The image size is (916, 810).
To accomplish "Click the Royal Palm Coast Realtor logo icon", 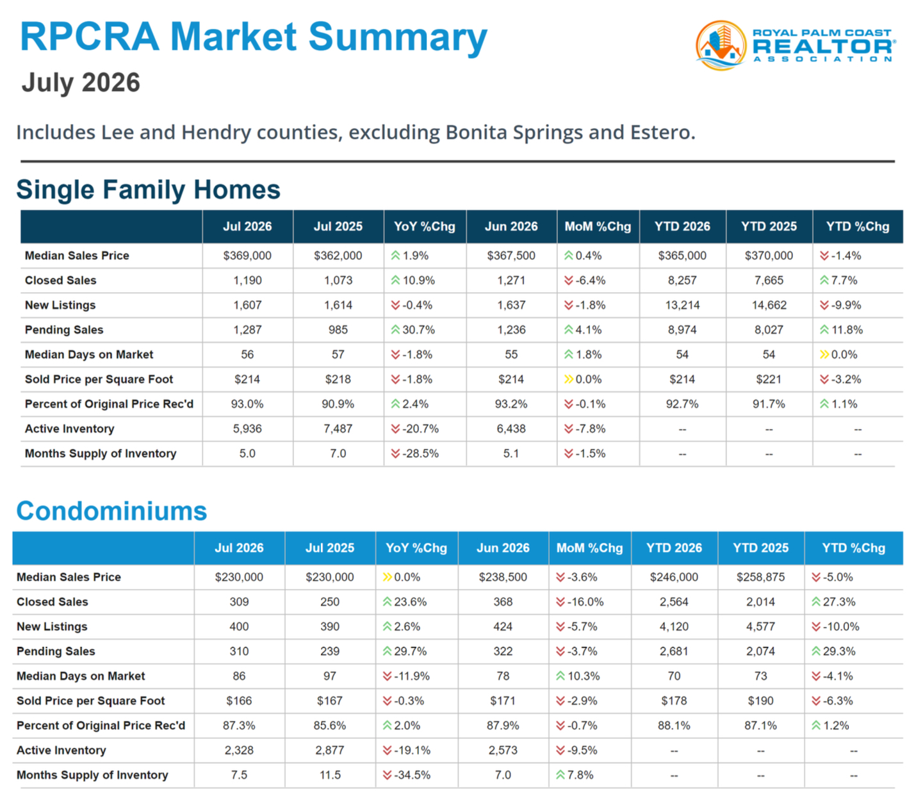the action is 721,45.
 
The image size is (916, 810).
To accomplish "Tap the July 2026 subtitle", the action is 81,83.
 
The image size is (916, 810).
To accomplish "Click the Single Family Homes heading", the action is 149,190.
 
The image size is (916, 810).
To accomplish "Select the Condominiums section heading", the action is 111,511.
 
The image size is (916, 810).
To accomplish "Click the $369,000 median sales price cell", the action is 247,256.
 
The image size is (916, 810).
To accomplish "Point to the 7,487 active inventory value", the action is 338,429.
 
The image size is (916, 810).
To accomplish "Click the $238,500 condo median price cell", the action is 503,577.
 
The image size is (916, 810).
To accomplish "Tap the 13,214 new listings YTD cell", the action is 682,305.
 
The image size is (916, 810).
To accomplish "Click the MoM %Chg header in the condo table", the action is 589,548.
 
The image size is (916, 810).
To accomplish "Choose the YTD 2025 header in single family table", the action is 769,227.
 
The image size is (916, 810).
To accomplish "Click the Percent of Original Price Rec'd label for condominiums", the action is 101,725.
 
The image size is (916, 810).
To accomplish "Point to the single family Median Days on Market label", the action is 89,355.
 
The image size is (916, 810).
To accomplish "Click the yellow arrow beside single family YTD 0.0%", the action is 824,355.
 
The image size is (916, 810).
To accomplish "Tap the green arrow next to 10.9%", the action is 395,280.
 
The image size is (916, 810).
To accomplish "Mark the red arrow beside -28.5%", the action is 395,454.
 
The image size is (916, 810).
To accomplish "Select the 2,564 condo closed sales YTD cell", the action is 674,602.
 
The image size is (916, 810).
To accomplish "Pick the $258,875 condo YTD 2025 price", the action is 760,577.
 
